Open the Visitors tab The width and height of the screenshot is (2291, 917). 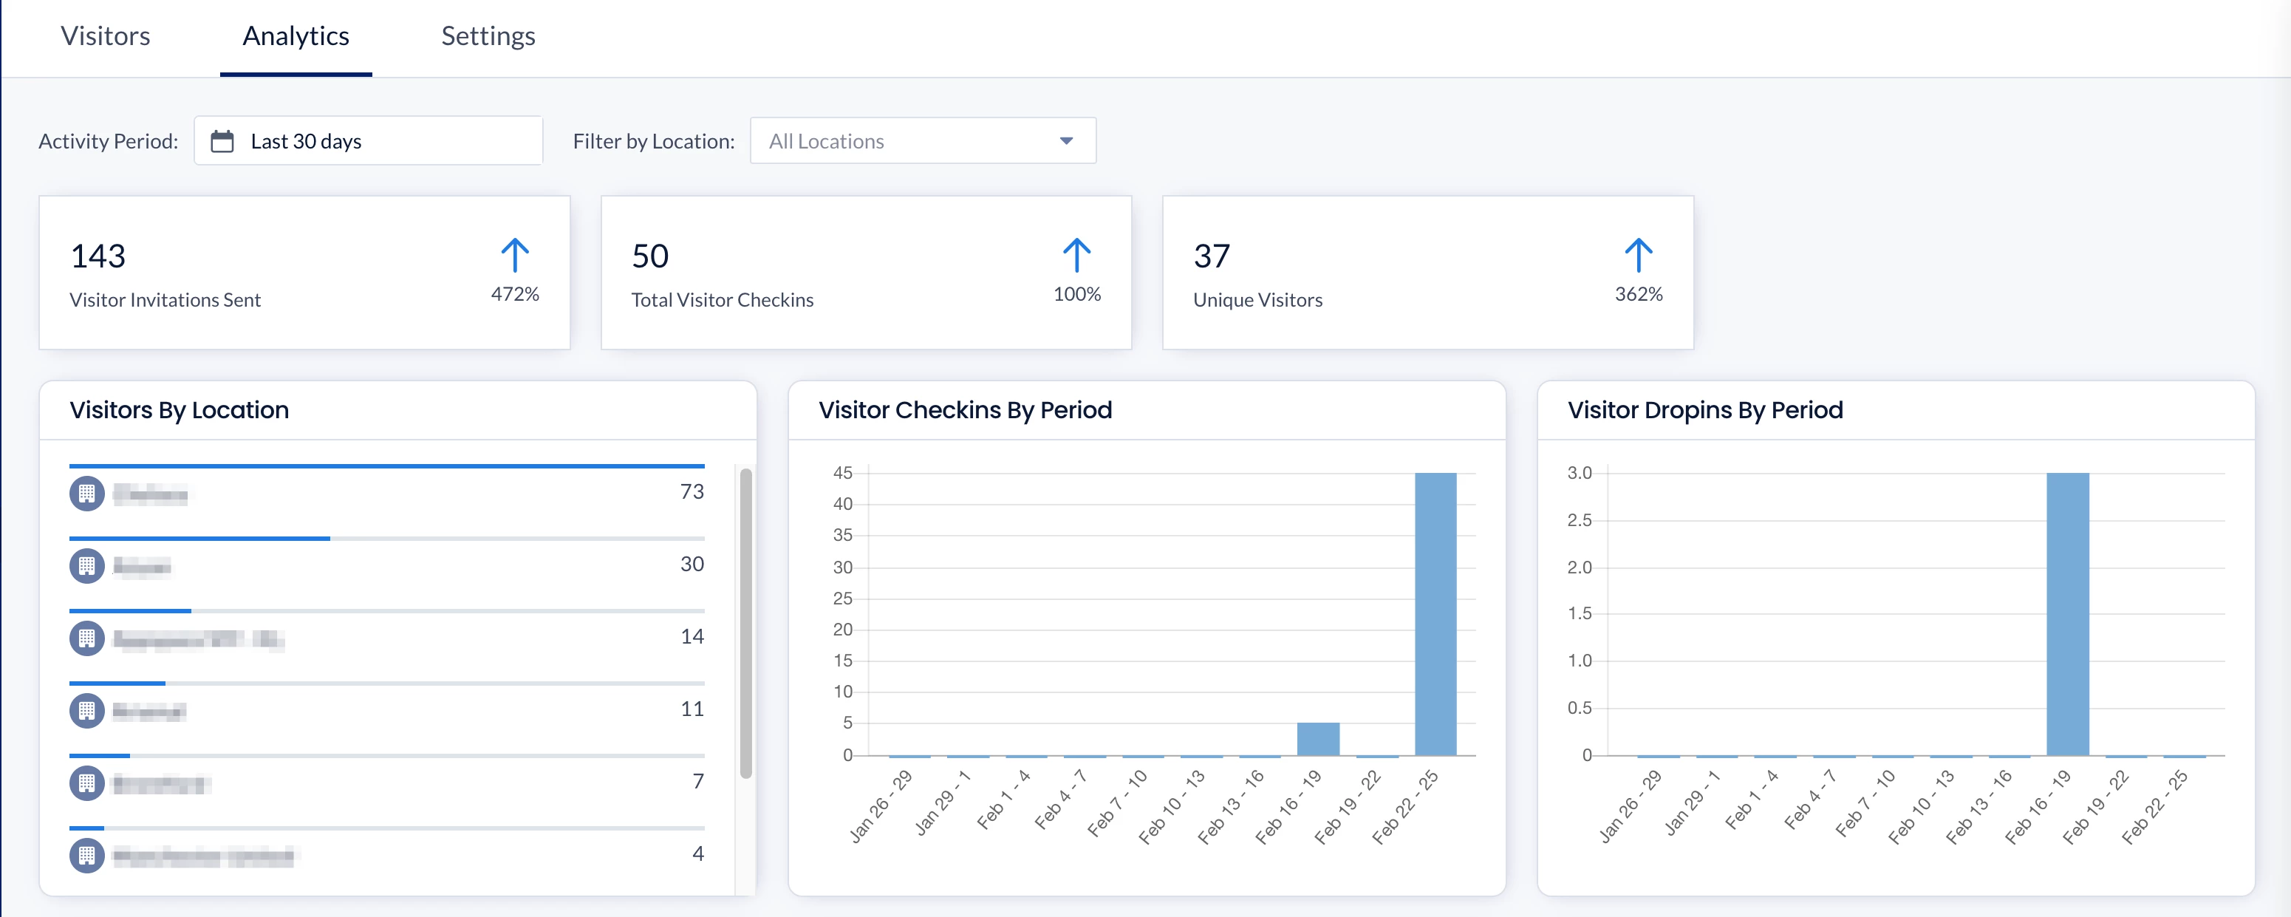(105, 36)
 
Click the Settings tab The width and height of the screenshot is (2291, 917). (488, 36)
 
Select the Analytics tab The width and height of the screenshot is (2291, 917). (296, 36)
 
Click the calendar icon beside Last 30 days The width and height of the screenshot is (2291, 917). (222, 141)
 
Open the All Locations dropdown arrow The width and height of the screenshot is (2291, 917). (1065, 141)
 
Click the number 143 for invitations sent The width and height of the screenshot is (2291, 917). (98, 256)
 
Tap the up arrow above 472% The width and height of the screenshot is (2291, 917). (515, 255)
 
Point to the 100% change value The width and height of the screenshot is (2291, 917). (1076, 294)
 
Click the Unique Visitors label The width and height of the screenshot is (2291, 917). (1257, 301)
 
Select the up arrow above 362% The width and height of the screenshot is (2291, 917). (1638, 255)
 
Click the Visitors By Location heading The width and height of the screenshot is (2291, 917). (179, 410)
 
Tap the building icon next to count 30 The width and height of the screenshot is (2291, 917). (86, 566)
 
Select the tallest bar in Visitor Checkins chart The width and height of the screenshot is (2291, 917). (1435, 614)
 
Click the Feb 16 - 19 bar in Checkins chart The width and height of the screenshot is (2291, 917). (1317, 739)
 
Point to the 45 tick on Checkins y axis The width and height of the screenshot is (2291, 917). (842, 473)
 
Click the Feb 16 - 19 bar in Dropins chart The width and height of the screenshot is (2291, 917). (2067, 614)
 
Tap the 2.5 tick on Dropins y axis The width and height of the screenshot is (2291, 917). (1579, 520)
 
